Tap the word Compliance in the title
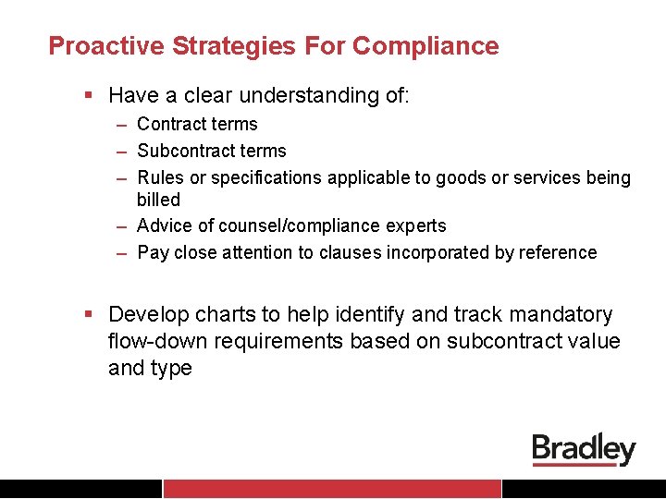click(x=425, y=45)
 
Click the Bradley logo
click(x=584, y=450)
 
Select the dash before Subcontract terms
click(x=122, y=151)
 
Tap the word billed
click(x=158, y=199)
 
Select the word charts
click(x=229, y=315)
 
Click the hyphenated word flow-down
click(x=157, y=341)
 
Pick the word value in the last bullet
click(x=592, y=341)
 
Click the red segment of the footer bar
click(x=332, y=489)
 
